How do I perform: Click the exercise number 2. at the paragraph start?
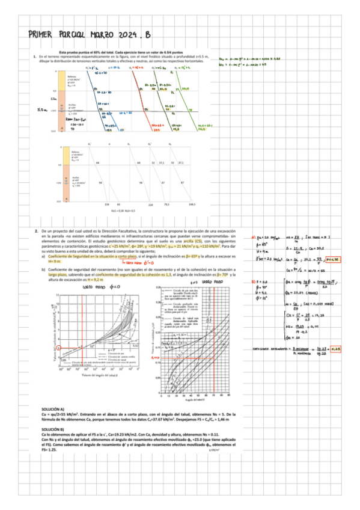coord(37,231)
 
